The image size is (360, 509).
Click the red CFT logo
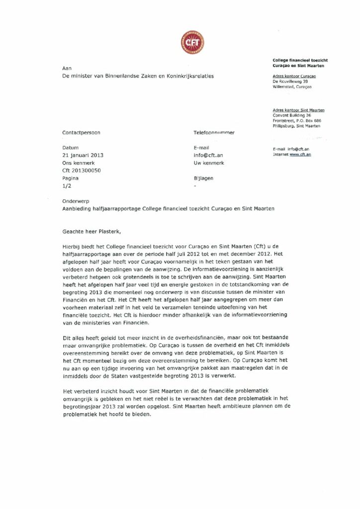[192, 42]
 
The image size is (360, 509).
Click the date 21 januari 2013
[83, 155]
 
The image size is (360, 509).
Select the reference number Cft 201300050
[82, 170]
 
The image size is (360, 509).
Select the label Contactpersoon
[81, 133]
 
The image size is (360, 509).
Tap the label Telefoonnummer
[214, 133]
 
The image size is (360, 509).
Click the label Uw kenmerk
[209, 163]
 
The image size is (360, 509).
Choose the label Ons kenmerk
[78, 163]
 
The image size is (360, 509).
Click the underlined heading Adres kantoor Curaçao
[294, 76]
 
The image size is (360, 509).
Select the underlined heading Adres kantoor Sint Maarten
[298, 110]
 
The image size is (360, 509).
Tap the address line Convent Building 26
[292, 115]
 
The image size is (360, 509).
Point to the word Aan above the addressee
[67, 68]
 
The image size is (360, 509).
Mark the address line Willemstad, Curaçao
[292, 86]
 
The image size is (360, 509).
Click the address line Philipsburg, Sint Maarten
[297, 126]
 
